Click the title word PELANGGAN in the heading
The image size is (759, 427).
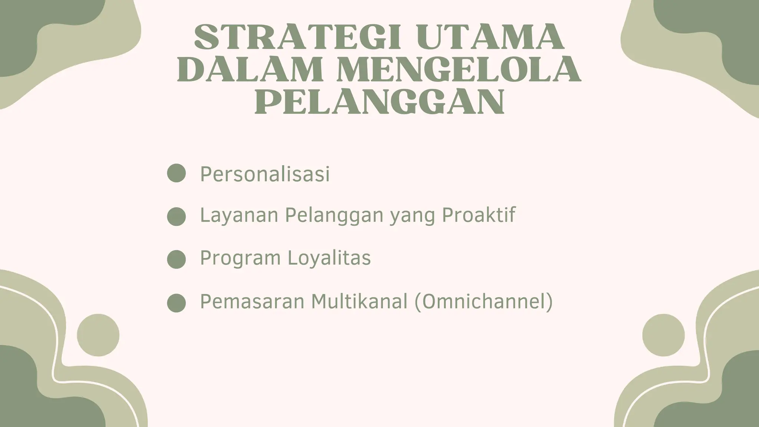(x=379, y=102)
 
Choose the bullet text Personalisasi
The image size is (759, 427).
(x=265, y=174)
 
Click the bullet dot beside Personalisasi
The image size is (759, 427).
(x=176, y=173)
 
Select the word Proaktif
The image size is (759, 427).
(x=479, y=215)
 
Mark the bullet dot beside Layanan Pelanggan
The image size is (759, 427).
(x=176, y=216)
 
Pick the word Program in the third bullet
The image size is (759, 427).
(x=240, y=258)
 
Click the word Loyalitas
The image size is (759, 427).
(x=329, y=258)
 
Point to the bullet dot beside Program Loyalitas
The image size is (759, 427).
(x=176, y=259)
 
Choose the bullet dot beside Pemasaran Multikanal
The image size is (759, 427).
(x=176, y=303)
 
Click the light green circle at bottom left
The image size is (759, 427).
(x=98, y=335)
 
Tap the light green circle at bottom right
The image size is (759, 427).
(x=663, y=335)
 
